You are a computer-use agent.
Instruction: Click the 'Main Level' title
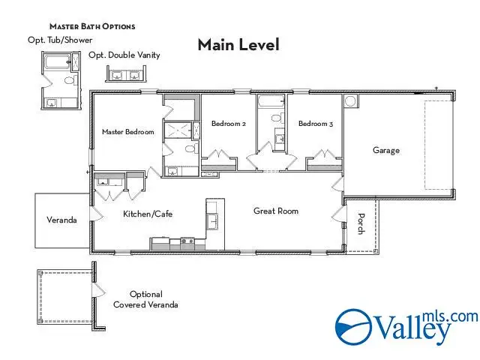click(238, 44)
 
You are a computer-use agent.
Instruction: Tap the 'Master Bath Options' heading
click(92, 26)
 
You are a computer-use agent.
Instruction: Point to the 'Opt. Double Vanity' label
click(124, 55)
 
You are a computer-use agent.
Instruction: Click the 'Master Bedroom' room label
click(127, 132)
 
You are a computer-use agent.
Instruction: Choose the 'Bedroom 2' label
click(228, 124)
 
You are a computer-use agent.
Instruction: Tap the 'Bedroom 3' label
click(315, 124)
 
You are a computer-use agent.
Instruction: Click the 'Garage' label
click(386, 150)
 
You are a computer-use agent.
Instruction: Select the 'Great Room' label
click(275, 211)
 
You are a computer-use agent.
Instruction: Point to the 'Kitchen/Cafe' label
click(148, 214)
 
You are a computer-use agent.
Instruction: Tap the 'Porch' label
click(361, 224)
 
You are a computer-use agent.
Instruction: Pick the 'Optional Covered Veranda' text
click(145, 299)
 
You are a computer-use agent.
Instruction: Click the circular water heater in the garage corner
click(350, 100)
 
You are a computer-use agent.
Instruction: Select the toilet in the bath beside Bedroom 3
click(275, 118)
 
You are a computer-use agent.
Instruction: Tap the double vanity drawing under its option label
click(124, 74)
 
